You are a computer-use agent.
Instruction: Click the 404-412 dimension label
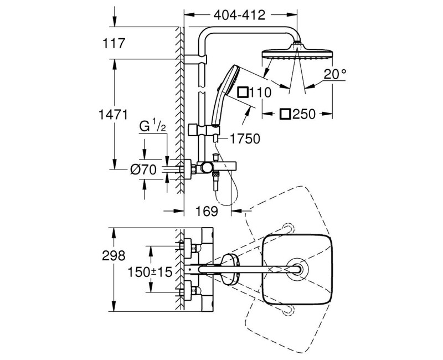coord(240,14)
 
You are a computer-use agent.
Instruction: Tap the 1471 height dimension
coord(114,115)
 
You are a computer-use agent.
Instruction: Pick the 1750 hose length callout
coord(244,139)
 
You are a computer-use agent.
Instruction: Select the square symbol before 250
coord(285,114)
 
